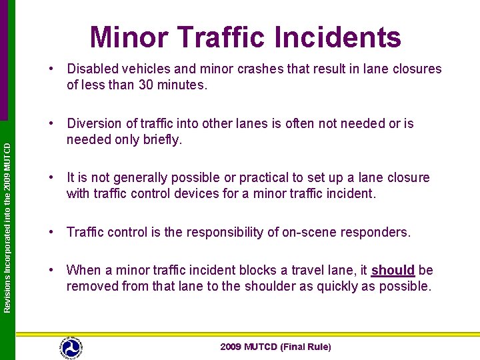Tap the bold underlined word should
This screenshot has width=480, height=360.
pos(393,270)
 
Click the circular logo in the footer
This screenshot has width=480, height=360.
pos(71,347)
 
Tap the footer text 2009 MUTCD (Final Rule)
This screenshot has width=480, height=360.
pos(275,347)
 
